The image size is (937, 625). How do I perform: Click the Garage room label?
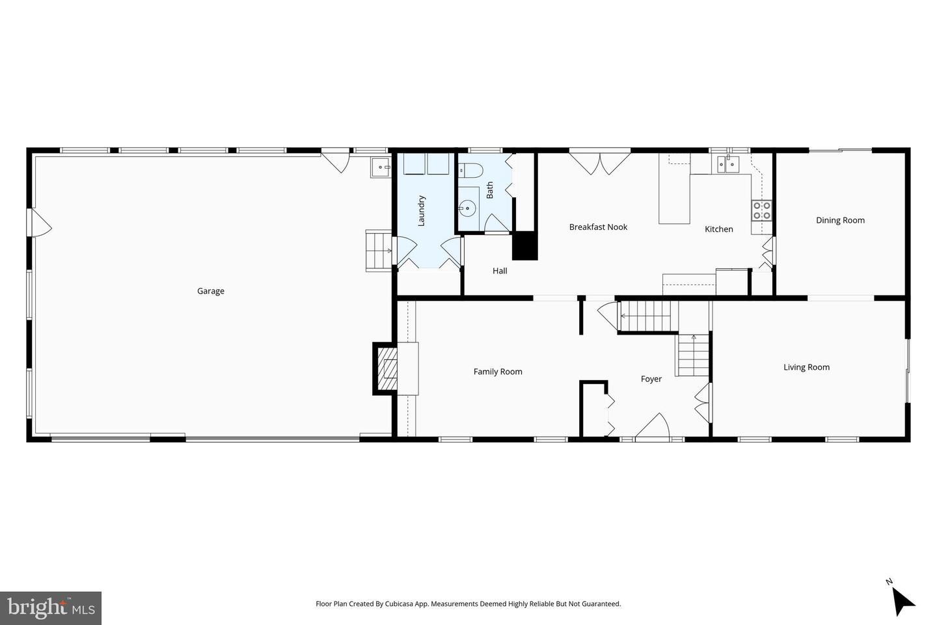(x=211, y=291)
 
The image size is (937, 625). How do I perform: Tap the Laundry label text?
(x=421, y=210)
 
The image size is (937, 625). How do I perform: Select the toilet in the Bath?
(x=470, y=171)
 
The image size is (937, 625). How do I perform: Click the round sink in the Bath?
(x=467, y=208)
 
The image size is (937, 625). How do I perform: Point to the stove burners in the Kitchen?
(x=761, y=210)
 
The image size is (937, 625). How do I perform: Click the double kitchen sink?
(x=729, y=165)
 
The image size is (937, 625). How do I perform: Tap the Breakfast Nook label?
(x=598, y=227)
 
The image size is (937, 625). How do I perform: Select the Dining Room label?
(x=840, y=220)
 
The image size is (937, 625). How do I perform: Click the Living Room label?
(x=806, y=367)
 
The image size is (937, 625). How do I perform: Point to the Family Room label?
(x=498, y=372)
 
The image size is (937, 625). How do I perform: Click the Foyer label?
(x=651, y=379)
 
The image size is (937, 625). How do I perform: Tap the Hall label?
(x=500, y=271)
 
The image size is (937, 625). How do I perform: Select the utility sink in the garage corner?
(x=380, y=167)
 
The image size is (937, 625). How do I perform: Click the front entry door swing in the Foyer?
(x=653, y=428)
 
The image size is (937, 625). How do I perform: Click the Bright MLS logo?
(x=50, y=607)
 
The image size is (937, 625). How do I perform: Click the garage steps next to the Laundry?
(x=377, y=251)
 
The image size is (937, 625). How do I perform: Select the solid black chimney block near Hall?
(x=524, y=246)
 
